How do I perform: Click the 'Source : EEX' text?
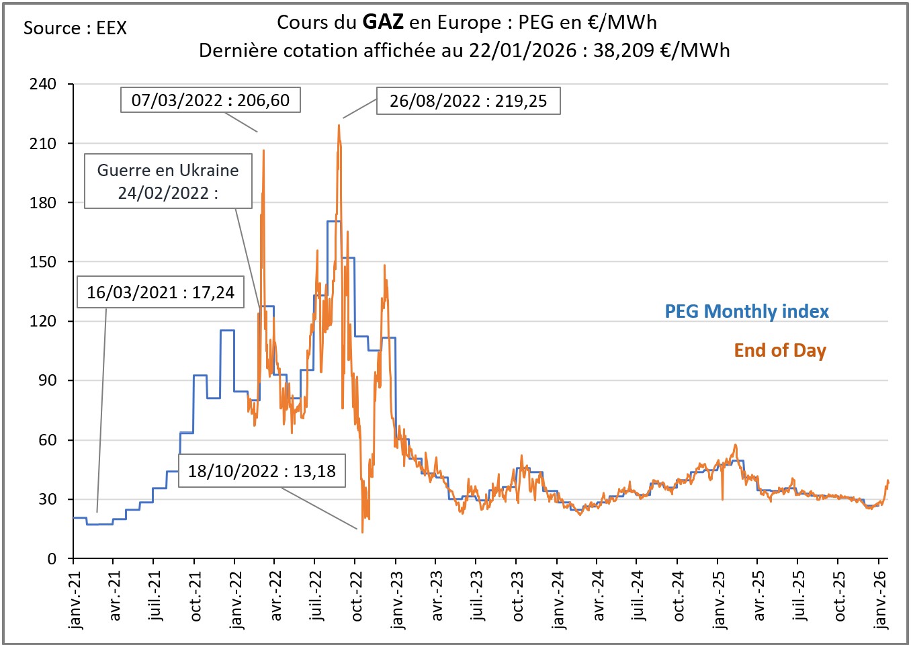75,28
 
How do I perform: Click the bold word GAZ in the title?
382,22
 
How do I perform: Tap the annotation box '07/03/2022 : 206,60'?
210,100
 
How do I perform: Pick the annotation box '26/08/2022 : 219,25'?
468,101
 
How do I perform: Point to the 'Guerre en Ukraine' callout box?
168,181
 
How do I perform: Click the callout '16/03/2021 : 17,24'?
160,292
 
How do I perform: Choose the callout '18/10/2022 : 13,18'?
261,470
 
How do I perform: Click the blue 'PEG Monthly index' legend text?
746,311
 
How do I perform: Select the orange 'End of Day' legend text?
779,350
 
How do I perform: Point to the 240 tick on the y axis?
43,84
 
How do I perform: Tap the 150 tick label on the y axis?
43,262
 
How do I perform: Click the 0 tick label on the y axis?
52,559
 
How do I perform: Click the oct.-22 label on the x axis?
357,597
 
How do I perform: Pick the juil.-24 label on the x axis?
638,596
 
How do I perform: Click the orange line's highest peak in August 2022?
339,126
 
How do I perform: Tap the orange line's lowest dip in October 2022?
362,532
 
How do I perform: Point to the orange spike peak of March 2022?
263,150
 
